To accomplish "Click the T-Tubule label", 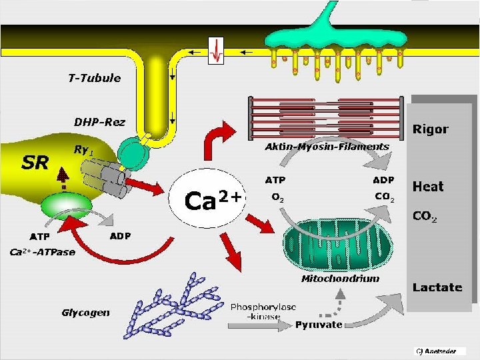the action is [x=94, y=78].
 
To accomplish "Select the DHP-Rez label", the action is [x=99, y=122].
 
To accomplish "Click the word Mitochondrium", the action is [x=340, y=279].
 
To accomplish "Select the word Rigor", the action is [x=431, y=129].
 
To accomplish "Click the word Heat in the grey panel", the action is [x=428, y=186].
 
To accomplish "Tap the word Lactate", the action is [x=437, y=287].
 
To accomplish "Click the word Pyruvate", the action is [x=319, y=325].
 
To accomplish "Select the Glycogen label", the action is [x=86, y=312].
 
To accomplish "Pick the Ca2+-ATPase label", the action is [x=42, y=252].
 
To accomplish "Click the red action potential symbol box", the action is [x=217, y=51].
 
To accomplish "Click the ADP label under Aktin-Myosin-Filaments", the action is [x=383, y=180].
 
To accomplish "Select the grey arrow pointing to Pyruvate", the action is [x=261, y=326].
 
